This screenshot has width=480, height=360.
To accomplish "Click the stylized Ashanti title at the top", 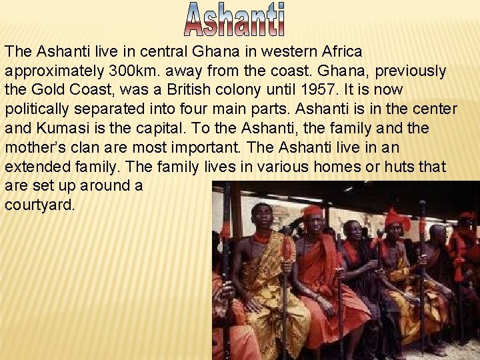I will click(235, 19).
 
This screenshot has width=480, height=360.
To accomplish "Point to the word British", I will click(249, 89).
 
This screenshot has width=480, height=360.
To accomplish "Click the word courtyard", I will click(39, 205).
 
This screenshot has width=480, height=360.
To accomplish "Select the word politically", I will click(41, 109).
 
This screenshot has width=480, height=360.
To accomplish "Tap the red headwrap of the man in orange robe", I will click(311, 211).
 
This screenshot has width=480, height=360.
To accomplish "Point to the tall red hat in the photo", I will click(397, 219).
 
